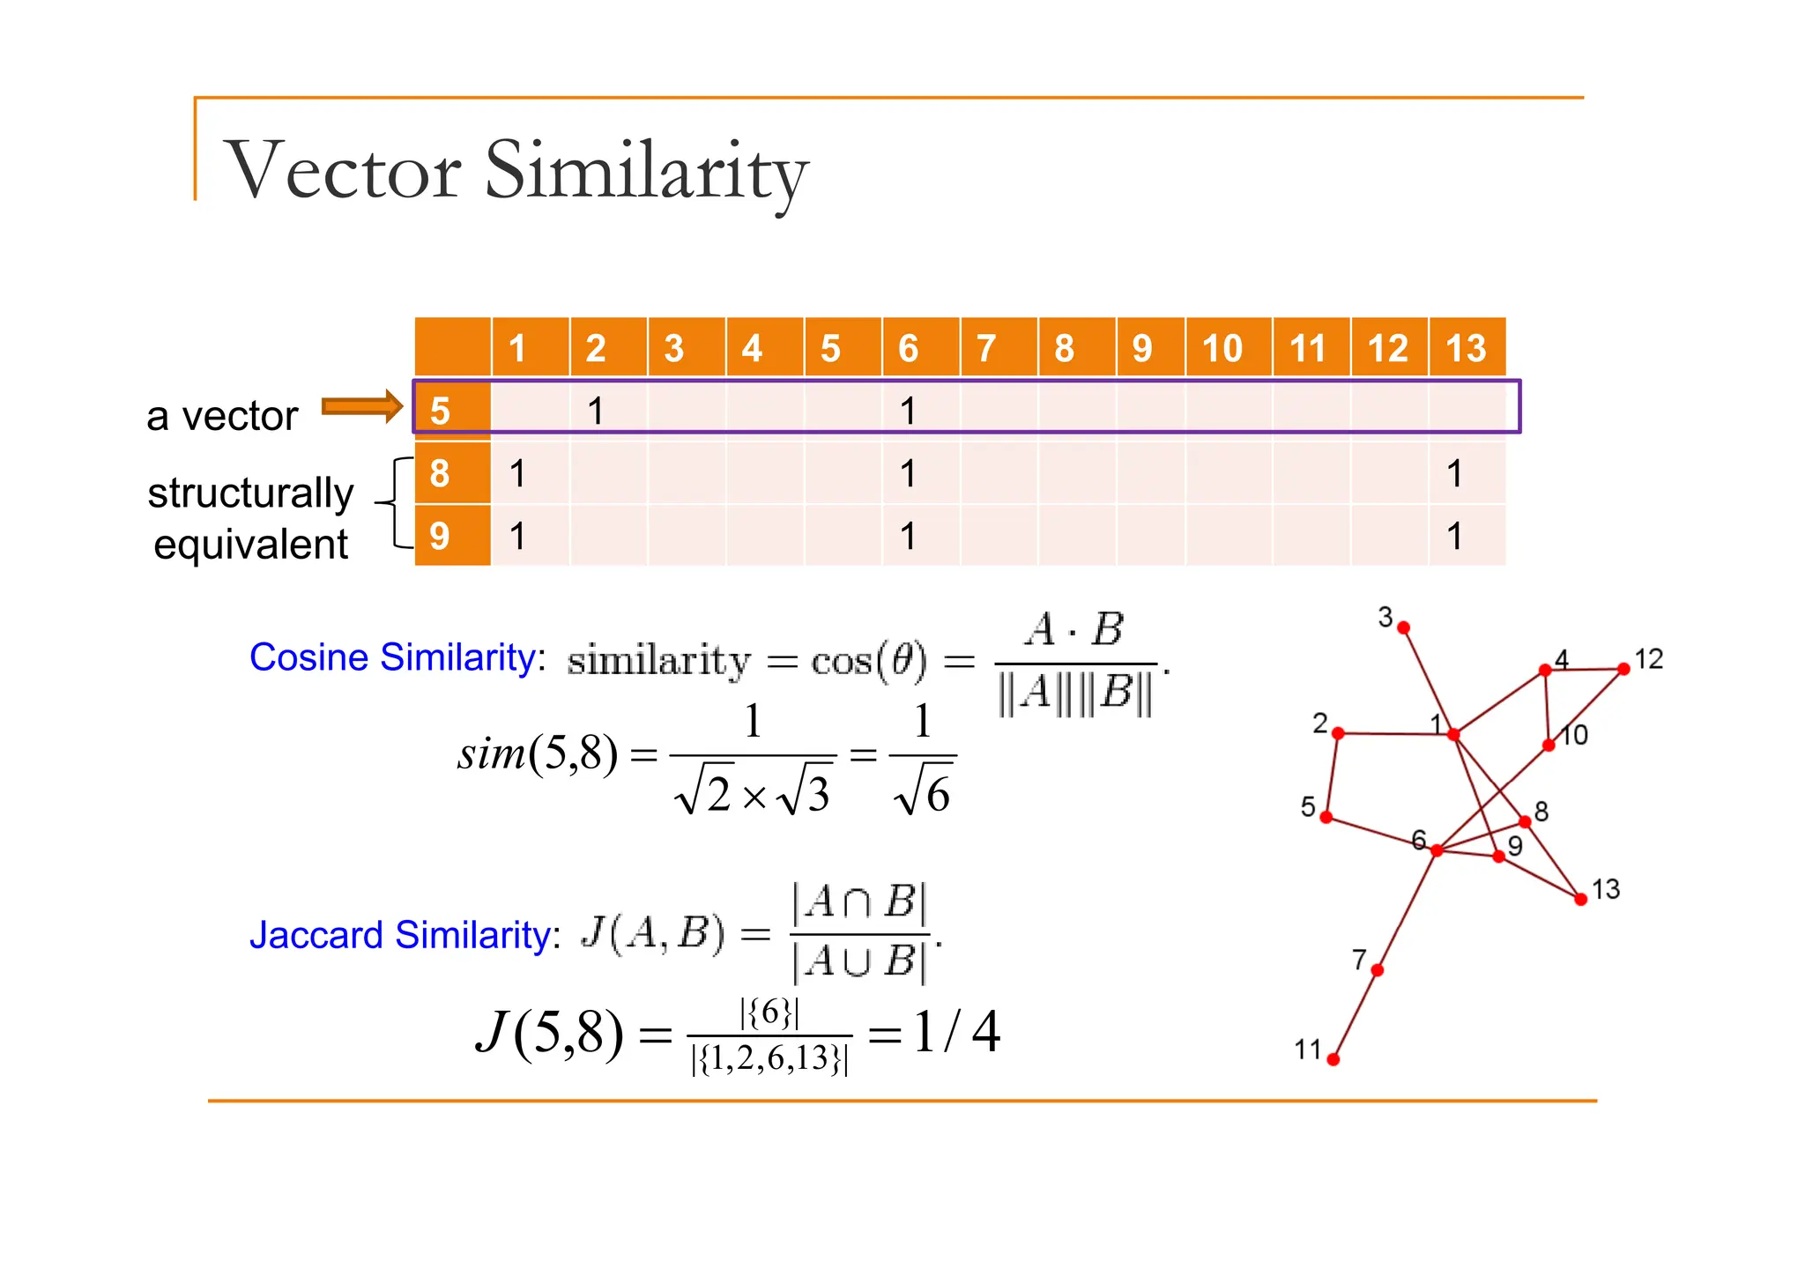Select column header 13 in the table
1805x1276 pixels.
pyautogui.click(x=1466, y=348)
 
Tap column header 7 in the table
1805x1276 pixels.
pyautogui.click(x=986, y=348)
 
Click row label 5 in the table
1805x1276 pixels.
pyautogui.click(x=440, y=411)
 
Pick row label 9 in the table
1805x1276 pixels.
pyautogui.click(x=440, y=536)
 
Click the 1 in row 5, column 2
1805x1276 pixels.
pyautogui.click(x=596, y=411)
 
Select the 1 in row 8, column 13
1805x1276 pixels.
pyautogui.click(x=1454, y=474)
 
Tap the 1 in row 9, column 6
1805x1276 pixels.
pyautogui.click(x=908, y=536)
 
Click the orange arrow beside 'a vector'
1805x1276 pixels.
pyautogui.click(x=361, y=406)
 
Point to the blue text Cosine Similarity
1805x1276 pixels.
pyautogui.click(x=392, y=657)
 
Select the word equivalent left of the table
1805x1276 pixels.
pyautogui.click(x=250, y=545)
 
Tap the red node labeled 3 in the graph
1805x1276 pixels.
pyautogui.click(x=1404, y=628)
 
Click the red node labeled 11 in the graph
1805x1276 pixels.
pyautogui.click(x=1333, y=1059)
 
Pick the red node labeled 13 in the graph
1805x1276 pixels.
pyautogui.click(x=1581, y=899)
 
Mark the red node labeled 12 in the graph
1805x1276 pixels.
pyautogui.click(x=1623, y=670)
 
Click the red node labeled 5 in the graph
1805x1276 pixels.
pyautogui.click(x=1326, y=817)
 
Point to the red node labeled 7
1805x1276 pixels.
pyautogui.click(x=1378, y=970)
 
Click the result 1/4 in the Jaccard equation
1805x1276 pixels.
pyautogui.click(x=956, y=1032)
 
